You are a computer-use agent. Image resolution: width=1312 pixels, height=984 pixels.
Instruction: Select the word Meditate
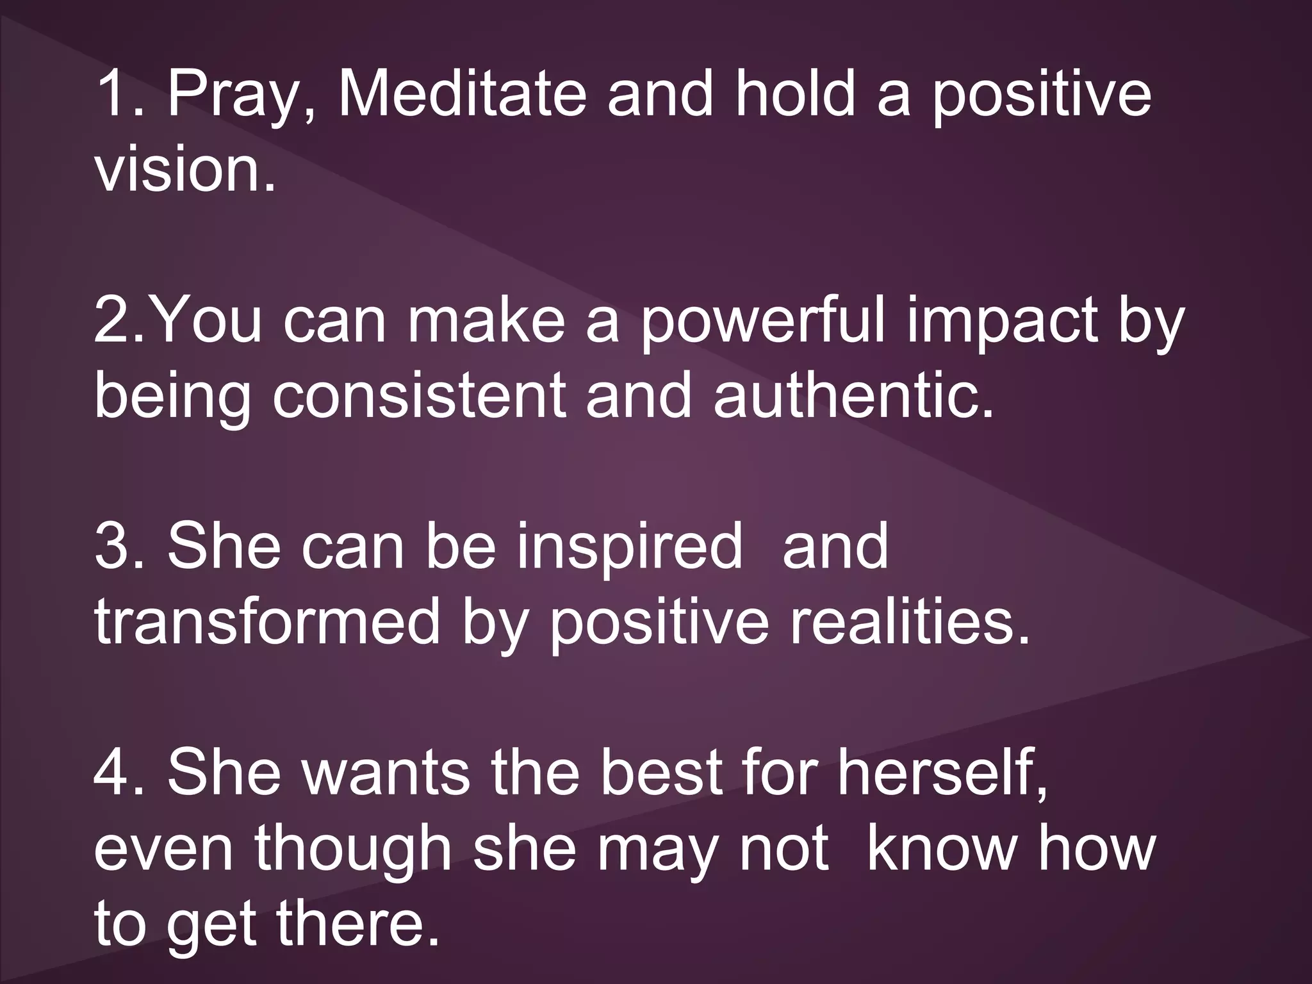coord(461,95)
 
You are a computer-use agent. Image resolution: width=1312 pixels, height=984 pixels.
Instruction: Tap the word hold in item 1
coord(795,95)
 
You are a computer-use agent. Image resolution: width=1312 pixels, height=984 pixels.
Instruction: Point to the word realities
coord(910,621)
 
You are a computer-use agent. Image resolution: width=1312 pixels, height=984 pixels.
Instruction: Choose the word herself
coord(942,773)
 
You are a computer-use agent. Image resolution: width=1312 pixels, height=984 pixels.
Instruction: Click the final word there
coord(359,924)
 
